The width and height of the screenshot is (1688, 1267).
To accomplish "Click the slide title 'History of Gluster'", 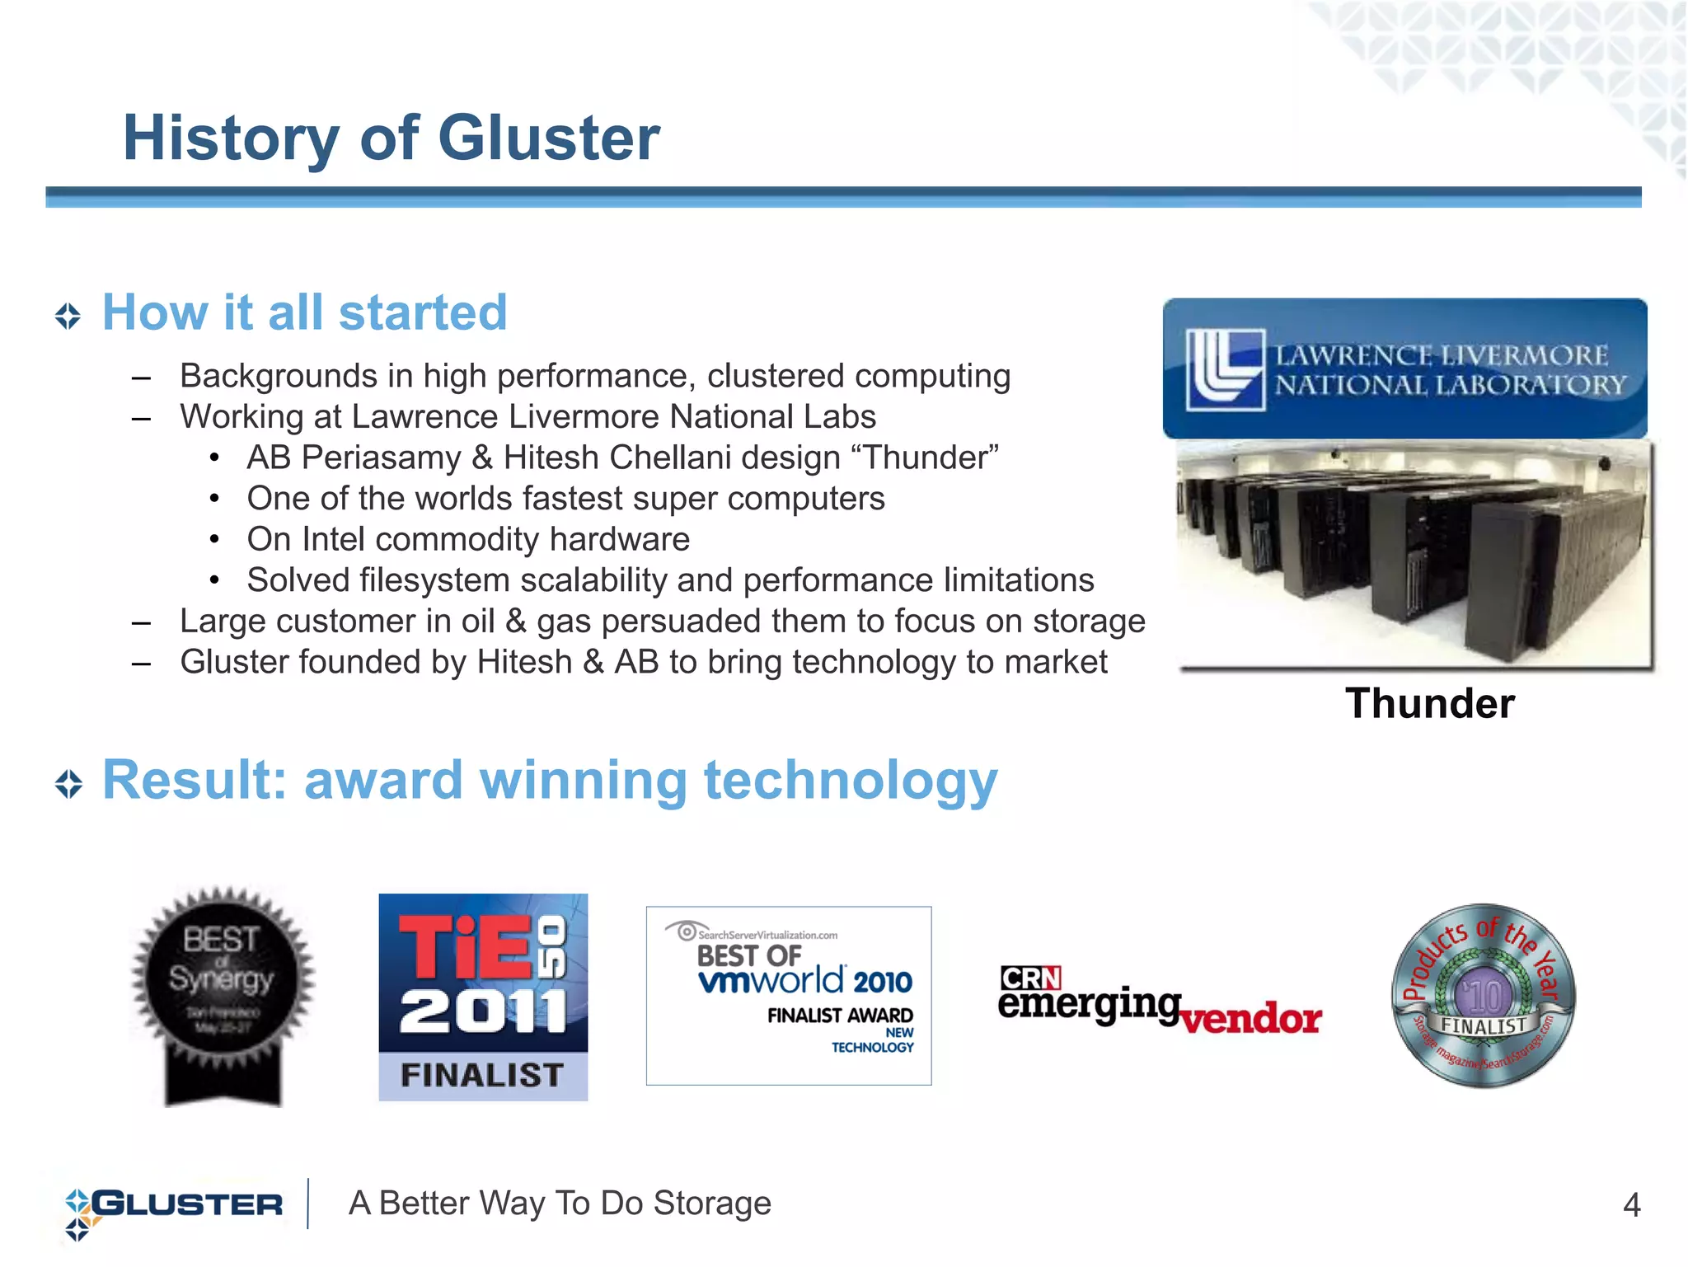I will (x=391, y=138).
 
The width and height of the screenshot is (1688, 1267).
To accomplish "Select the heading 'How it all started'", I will (x=304, y=312).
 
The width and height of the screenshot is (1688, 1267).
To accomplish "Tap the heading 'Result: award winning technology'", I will (x=550, y=780).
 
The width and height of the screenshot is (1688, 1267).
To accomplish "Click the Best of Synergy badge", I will (x=223, y=994).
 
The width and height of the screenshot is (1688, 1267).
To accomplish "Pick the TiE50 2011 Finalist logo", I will (x=483, y=997).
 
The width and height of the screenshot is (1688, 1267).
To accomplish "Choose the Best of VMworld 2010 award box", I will (x=789, y=996).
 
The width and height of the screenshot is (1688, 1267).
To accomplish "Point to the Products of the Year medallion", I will (x=1483, y=996).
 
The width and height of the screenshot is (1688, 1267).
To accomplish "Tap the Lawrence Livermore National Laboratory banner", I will (x=1404, y=368).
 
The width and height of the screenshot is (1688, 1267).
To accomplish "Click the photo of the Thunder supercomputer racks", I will (x=1414, y=554).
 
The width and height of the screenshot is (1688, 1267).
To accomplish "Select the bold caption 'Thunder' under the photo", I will (x=1430, y=704).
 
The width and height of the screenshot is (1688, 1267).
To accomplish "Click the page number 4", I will (x=1631, y=1205).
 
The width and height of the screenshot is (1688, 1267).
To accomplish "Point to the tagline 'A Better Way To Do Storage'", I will (x=560, y=1204).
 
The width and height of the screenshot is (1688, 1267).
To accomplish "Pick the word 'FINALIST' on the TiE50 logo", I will (x=482, y=1076).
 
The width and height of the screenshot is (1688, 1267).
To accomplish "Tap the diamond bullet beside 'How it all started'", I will (x=68, y=316).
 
